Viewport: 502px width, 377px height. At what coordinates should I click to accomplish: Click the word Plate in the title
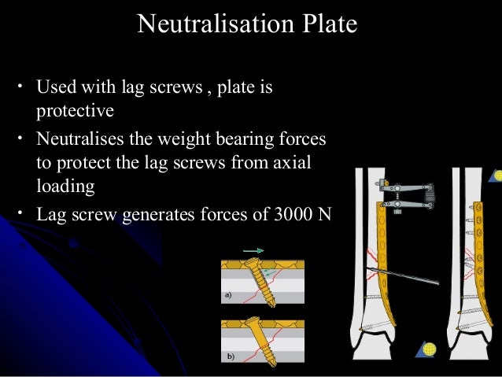[x=324, y=24]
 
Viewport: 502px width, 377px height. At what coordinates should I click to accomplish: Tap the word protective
[x=75, y=107]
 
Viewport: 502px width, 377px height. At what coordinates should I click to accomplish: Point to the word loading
[x=65, y=188]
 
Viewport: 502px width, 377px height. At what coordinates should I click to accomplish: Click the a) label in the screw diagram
[x=229, y=296]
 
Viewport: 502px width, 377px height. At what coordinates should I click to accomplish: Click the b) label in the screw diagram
[x=229, y=356]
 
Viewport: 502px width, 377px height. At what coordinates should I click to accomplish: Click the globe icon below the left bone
[x=429, y=349]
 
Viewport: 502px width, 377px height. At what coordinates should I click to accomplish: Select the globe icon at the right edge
[x=497, y=176]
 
